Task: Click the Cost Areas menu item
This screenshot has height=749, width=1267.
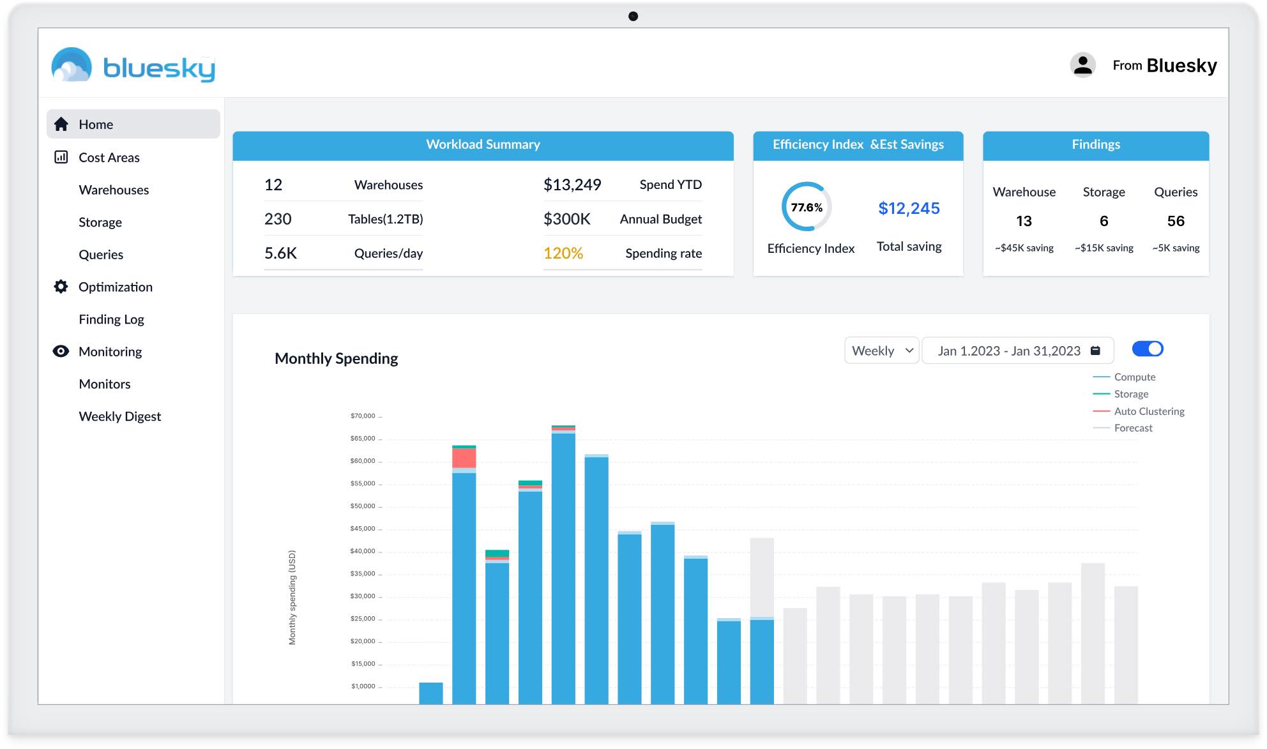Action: point(109,158)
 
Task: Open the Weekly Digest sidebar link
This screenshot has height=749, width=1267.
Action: point(119,416)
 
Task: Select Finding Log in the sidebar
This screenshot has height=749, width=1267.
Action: point(111,319)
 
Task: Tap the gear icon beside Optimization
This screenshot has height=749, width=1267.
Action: point(61,287)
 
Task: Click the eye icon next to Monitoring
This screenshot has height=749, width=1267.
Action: point(61,351)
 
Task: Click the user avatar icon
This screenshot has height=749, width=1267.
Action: point(1082,65)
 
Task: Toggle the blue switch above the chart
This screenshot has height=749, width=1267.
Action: point(1148,349)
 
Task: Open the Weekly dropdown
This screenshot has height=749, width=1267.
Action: point(881,351)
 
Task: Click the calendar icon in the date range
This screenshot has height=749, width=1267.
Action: point(1095,351)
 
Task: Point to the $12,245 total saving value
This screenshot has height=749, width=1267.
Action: point(909,208)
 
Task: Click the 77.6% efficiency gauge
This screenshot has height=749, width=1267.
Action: point(807,207)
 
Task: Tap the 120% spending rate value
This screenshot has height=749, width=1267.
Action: point(563,253)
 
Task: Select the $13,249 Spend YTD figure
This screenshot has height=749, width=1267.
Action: point(572,185)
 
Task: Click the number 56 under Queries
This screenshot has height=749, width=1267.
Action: point(1176,221)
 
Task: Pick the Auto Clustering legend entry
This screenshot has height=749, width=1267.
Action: point(1148,411)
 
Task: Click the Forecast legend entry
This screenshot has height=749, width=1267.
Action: point(1133,428)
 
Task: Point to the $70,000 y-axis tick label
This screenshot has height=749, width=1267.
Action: point(363,416)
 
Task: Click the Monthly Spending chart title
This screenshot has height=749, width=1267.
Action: point(337,359)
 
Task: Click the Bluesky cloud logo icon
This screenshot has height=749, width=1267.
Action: point(72,65)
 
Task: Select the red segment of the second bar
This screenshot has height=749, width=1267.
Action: point(464,458)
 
